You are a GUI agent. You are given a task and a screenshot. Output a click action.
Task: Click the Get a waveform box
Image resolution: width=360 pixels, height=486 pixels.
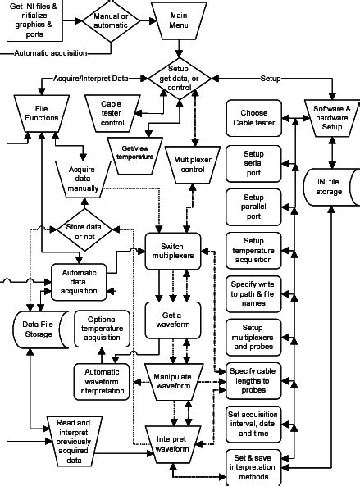[173, 318]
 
